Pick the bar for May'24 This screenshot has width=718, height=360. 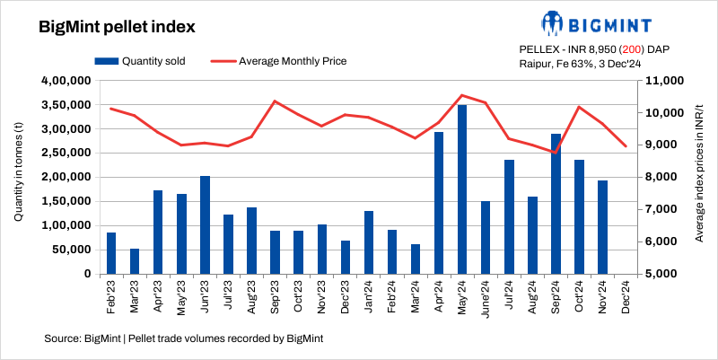point(462,189)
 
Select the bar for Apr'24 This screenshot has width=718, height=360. point(439,203)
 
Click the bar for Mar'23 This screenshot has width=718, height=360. point(135,261)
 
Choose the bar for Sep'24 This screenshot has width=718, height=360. point(556,204)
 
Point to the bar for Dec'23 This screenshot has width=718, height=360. point(345,257)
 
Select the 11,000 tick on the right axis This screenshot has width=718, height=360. point(661,81)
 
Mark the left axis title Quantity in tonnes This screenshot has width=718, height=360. point(19,178)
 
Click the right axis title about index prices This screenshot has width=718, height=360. point(698,178)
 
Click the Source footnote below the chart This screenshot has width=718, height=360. point(183,338)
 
